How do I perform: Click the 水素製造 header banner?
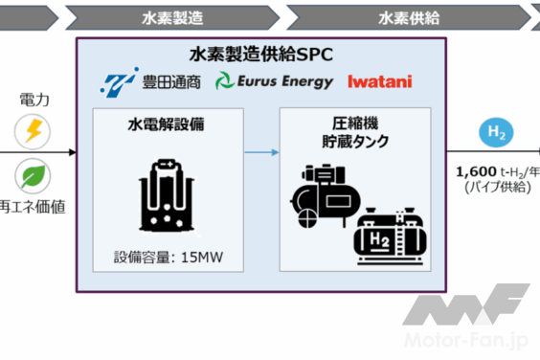pos(172,17)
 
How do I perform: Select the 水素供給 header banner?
pos(409,17)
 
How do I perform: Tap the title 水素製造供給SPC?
pos(261,55)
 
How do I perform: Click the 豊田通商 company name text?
pos(171,82)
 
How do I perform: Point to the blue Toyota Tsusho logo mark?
pos(119,82)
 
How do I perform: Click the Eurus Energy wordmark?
pos(285,81)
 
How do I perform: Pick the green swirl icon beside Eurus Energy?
pos(225,81)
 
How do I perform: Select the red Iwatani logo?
pos(380,81)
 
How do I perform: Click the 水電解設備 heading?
pos(166,124)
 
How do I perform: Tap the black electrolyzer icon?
pos(167,195)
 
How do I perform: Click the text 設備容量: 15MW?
pos(169,258)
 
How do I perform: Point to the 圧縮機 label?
pos(355,123)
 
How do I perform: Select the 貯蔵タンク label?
pos(355,141)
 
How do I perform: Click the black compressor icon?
pos(325,196)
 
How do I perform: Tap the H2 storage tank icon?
pos(391,236)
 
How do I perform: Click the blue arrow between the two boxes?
pos(261,152)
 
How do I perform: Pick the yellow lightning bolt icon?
pos(34,131)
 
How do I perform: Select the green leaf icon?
pos(34,176)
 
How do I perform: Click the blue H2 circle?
pos(496,133)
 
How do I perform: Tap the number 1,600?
pos(476,171)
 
